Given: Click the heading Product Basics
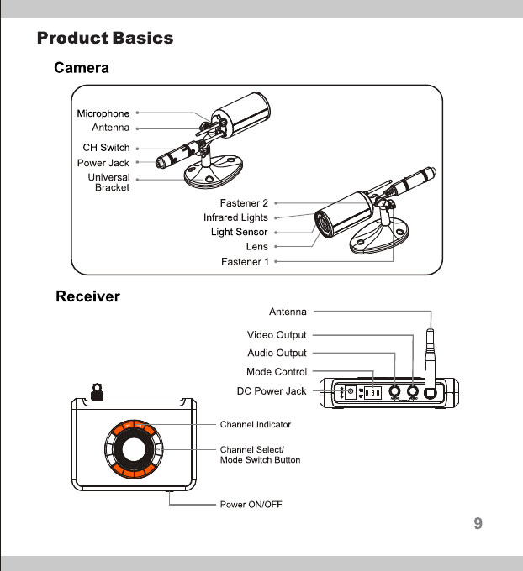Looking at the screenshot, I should (105, 39).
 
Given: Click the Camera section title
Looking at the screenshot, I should (82, 68).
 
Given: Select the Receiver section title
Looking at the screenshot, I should (87, 296).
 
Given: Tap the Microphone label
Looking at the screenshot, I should (103, 113).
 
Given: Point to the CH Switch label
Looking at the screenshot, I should (106, 148).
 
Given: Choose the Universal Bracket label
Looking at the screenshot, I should (108, 183).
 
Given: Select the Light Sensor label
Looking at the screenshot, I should (239, 232).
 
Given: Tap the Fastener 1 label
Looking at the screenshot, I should (245, 262).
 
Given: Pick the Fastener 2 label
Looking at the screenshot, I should (244, 203).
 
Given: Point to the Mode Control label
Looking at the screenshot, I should (277, 371).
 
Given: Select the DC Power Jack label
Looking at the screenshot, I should (272, 390).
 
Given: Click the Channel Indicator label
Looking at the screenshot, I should (256, 424).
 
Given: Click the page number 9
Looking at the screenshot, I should (478, 525).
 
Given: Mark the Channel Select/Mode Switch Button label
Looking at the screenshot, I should (260, 455).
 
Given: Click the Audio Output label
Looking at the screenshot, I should (277, 353).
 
